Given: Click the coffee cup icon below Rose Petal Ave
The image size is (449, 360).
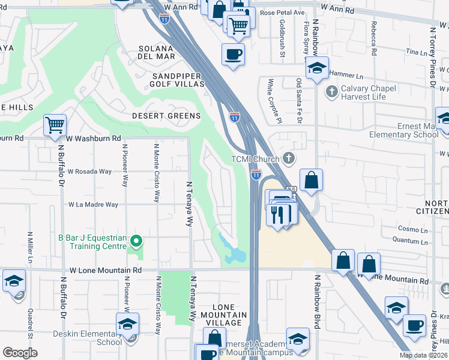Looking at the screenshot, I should click(x=233, y=54).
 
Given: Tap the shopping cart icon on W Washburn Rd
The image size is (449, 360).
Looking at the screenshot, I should click(x=55, y=125).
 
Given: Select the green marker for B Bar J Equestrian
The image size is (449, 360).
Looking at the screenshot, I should click(x=136, y=241).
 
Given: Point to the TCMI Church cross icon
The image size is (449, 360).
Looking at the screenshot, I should click(x=289, y=158).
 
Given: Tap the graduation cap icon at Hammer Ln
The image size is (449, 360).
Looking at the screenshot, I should click(x=317, y=68).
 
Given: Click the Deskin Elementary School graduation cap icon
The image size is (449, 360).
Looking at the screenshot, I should click(x=127, y=324).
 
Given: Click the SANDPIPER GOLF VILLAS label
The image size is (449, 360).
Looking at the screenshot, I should click(x=178, y=80).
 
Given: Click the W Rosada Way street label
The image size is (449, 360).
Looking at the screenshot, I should click(x=89, y=171).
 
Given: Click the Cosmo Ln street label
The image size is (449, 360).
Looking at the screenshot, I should click(x=412, y=229).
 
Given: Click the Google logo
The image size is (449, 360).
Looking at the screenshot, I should click(x=20, y=353).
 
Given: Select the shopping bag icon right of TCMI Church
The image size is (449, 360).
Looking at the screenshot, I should click(x=312, y=180).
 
